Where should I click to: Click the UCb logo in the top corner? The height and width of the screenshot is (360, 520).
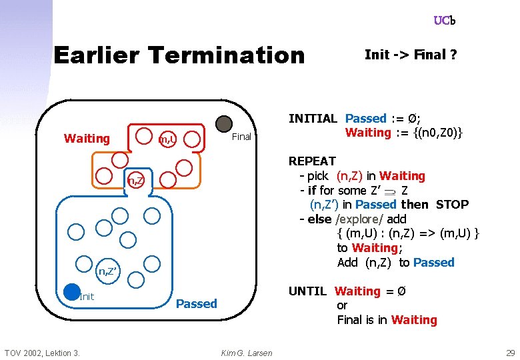444,21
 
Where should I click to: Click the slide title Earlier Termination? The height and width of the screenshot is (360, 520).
178,55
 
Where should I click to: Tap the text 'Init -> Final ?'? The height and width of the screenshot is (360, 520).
410,55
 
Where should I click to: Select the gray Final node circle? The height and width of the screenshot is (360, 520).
224,124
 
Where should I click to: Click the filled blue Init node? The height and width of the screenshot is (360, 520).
72,292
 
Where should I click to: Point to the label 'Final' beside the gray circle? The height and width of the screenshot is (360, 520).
241,137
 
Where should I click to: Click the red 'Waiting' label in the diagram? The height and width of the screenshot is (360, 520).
87,139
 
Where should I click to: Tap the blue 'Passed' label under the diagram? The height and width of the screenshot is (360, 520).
196,304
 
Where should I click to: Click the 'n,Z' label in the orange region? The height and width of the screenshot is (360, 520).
136,181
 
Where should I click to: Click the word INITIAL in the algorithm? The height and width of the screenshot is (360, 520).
313,119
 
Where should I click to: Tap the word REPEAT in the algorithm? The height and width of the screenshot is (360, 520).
311,161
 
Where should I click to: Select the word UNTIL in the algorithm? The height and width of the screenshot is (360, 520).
307,291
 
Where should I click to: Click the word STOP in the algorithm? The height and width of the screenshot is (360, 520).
452,205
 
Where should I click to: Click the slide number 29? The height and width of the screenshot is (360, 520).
510,353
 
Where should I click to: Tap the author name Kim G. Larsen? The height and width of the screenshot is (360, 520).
246,353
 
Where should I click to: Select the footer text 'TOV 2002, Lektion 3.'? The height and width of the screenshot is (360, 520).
42,353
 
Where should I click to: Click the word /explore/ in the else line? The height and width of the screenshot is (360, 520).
359,219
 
